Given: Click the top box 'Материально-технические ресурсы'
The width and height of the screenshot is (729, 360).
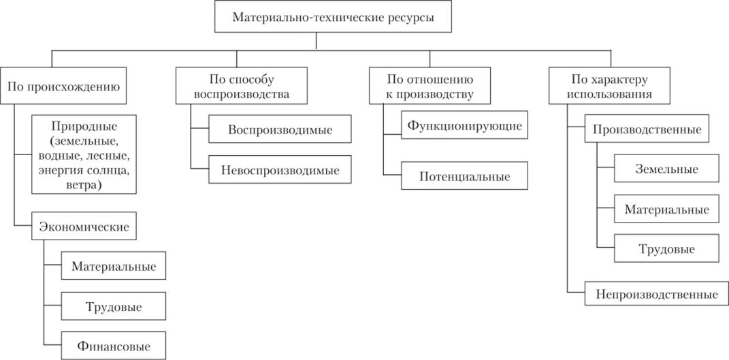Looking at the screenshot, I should pyautogui.click(x=333, y=17).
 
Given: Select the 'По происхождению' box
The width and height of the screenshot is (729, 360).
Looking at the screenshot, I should pyautogui.click(x=63, y=86).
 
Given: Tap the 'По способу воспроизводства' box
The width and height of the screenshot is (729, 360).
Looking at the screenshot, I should pyautogui.click(x=241, y=86).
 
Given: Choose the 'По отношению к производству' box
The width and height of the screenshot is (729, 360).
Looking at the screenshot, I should pyautogui.click(x=430, y=86).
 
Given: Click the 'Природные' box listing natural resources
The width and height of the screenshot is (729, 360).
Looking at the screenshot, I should pyautogui.click(x=84, y=155).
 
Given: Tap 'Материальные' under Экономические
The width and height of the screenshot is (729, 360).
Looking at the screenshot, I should pyautogui.click(x=114, y=266).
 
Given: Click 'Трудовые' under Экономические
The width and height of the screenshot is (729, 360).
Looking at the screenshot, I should pyautogui.click(x=114, y=307).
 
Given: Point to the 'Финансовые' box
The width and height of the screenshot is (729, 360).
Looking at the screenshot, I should pyautogui.click(x=114, y=346).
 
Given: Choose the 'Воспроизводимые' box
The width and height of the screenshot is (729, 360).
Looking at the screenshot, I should pyautogui.click(x=280, y=130).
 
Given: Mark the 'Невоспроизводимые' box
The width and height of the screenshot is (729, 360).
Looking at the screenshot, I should pyautogui.click(x=280, y=169).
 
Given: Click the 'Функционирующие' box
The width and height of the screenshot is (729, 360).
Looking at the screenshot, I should pyautogui.click(x=464, y=126).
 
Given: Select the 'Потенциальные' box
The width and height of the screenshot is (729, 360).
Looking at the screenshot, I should pyautogui.click(x=464, y=176).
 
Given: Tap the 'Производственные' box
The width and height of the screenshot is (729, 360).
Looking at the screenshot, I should pyautogui.click(x=647, y=129).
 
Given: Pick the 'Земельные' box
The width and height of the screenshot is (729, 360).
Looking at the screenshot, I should pyautogui.click(x=666, y=169).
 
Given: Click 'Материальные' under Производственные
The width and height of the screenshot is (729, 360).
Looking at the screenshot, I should pyautogui.click(x=666, y=210).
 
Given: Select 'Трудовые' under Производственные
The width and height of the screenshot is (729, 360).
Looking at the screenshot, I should pyautogui.click(x=666, y=249).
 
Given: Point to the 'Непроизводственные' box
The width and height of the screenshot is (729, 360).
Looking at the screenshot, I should pyautogui.click(x=656, y=295).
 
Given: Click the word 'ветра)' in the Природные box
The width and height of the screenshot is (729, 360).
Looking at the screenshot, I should pyautogui.click(x=84, y=185).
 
